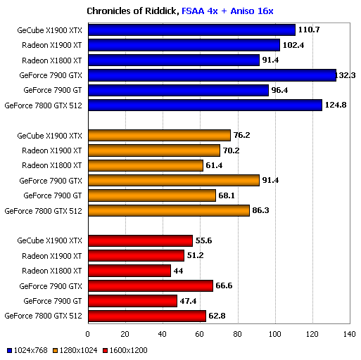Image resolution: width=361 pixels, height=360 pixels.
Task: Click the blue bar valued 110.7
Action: click(191, 30)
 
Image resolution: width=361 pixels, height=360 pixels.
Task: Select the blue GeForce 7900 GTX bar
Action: click(212, 75)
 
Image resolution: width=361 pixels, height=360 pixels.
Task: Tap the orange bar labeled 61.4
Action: click(146, 165)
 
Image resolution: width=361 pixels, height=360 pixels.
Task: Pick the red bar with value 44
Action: click(129, 271)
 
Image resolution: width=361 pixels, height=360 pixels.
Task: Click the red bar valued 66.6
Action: click(150, 285)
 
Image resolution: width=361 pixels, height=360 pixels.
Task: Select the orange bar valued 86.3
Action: click(168, 210)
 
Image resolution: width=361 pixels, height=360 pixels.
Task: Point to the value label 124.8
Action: click(336, 105)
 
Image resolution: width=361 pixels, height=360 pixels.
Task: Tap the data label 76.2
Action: click(243, 135)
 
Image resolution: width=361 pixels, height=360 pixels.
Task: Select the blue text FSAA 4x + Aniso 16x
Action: click(227, 11)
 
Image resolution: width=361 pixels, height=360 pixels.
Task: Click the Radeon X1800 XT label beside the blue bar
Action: click(52, 60)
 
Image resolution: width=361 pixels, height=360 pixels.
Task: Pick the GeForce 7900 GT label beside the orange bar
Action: click(53, 195)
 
